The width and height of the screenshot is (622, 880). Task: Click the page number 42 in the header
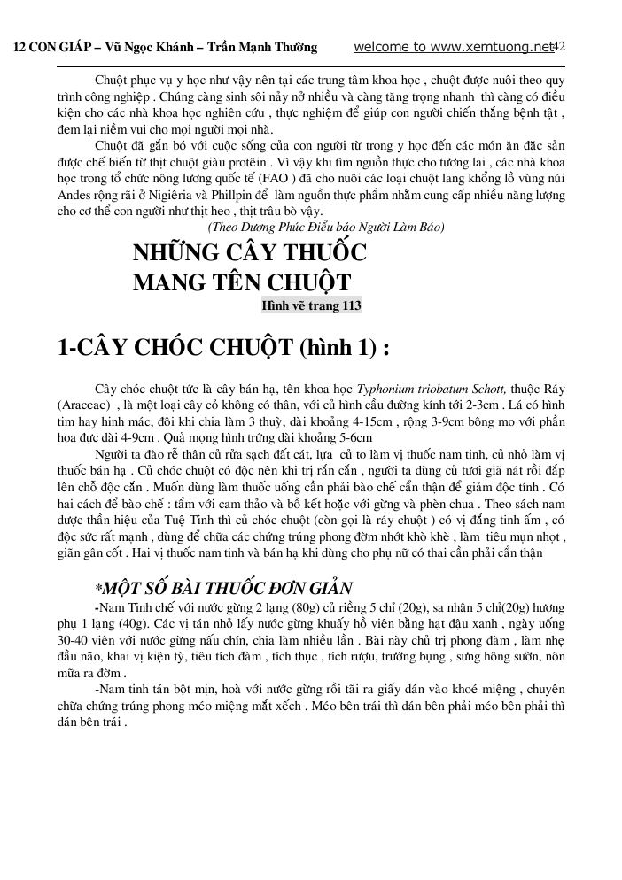pyautogui.click(x=558, y=46)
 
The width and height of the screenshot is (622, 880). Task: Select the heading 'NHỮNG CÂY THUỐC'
pyautogui.click(x=249, y=253)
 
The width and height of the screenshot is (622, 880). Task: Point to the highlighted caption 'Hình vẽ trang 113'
pyautogui.click(x=311, y=306)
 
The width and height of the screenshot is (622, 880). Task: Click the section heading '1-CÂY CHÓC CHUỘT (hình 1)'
pyautogui.click(x=222, y=348)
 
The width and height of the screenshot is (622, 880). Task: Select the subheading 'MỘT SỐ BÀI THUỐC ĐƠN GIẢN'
pyautogui.click(x=224, y=588)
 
